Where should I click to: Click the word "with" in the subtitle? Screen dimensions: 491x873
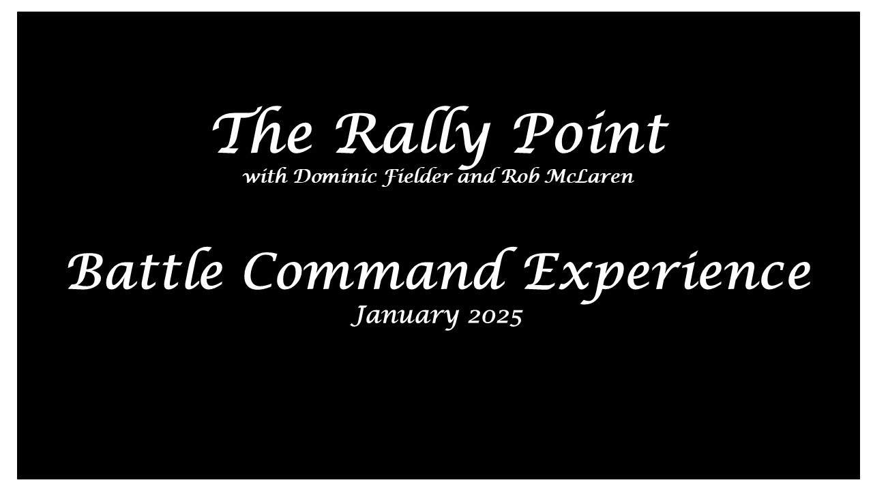[265, 177]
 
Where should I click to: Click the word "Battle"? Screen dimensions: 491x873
[146, 271]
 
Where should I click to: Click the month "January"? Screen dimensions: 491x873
[405, 316]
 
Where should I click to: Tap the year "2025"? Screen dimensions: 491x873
[495, 316]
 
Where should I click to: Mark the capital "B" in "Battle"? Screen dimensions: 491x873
[89, 271]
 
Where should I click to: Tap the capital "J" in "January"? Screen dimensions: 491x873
[359, 316]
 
